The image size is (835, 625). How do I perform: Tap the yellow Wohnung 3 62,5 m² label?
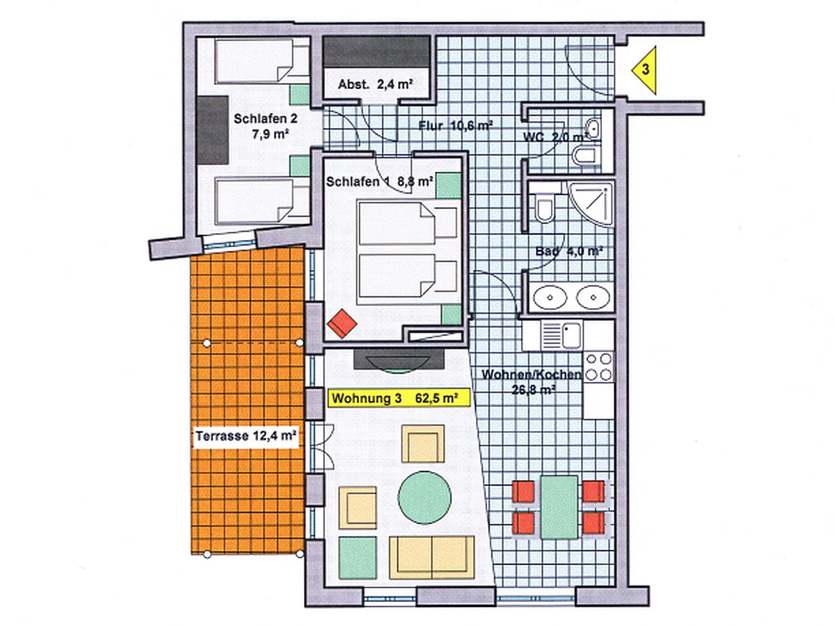click(399, 398)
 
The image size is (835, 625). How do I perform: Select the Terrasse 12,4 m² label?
click(246, 436)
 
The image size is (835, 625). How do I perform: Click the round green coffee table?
click(424, 498)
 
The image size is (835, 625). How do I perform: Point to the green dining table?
click(559, 507)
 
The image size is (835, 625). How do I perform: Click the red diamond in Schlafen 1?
click(342, 324)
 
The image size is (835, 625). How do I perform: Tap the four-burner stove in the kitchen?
click(599, 366)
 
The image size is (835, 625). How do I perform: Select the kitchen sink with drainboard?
click(562, 335)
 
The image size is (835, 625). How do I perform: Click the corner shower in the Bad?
click(591, 204)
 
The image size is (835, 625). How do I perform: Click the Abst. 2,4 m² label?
click(376, 84)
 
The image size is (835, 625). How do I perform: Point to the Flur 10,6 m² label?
click(455, 125)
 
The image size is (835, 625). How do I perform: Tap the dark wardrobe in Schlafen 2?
click(213, 130)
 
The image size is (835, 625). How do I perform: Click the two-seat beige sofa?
click(432, 557)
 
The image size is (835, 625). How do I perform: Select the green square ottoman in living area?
click(357, 557)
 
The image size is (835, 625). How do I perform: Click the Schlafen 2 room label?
click(266, 126)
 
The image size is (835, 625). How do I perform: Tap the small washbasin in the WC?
click(593, 127)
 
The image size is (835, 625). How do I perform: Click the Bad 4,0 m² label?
click(568, 251)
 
